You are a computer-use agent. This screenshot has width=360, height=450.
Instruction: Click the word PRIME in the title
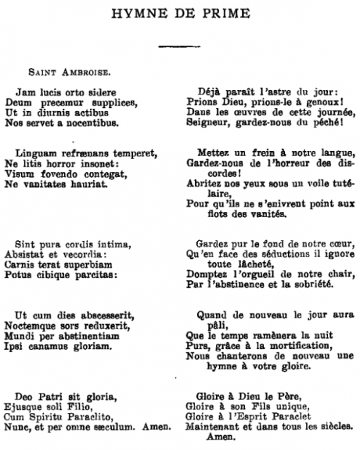222,13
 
